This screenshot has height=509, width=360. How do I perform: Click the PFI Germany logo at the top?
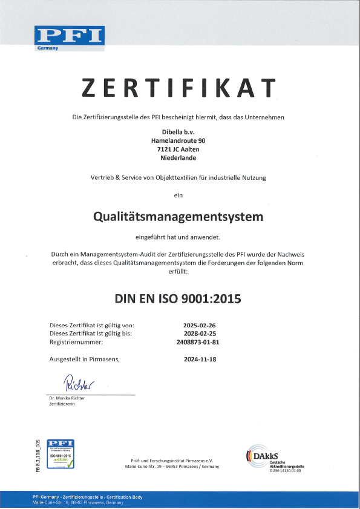point(70,38)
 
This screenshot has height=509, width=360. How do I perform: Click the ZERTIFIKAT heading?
point(179,88)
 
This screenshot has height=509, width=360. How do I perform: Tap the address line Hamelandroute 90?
point(178,140)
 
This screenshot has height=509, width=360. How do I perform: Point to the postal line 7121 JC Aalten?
point(178,149)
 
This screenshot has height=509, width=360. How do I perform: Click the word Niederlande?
point(178,158)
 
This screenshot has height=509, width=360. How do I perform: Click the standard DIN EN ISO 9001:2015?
point(178,298)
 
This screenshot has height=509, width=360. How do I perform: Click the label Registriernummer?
point(76,342)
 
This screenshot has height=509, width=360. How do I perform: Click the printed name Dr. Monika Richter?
point(67,398)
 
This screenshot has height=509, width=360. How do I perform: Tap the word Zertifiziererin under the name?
point(62,404)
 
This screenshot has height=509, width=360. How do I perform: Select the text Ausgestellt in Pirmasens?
point(84,359)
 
